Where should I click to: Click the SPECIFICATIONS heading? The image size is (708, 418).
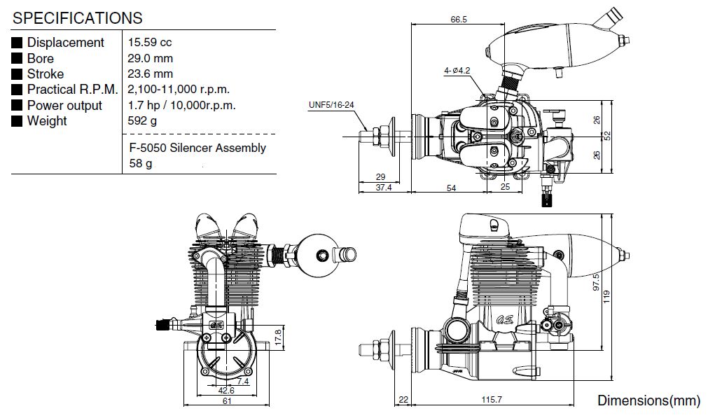point(78,18)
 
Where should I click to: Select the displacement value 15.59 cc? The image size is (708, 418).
point(150,43)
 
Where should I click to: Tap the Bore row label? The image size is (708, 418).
point(41,58)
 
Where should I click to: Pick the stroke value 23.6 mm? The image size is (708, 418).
point(150,74)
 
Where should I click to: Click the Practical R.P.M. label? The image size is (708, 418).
point(72,90)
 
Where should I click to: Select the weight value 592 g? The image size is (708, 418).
point(142,121)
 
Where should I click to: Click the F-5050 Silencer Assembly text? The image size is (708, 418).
point(197,148)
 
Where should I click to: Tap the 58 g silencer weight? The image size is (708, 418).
point(141,164)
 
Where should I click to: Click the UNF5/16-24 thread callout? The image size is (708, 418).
point(331,106)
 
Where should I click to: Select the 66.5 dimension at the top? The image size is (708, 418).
point(459,20)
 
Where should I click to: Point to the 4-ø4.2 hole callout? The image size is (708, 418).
point(457,71)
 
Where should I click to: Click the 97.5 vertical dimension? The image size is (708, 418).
point(597,281)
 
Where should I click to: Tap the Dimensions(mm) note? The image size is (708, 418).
point(648,400)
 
